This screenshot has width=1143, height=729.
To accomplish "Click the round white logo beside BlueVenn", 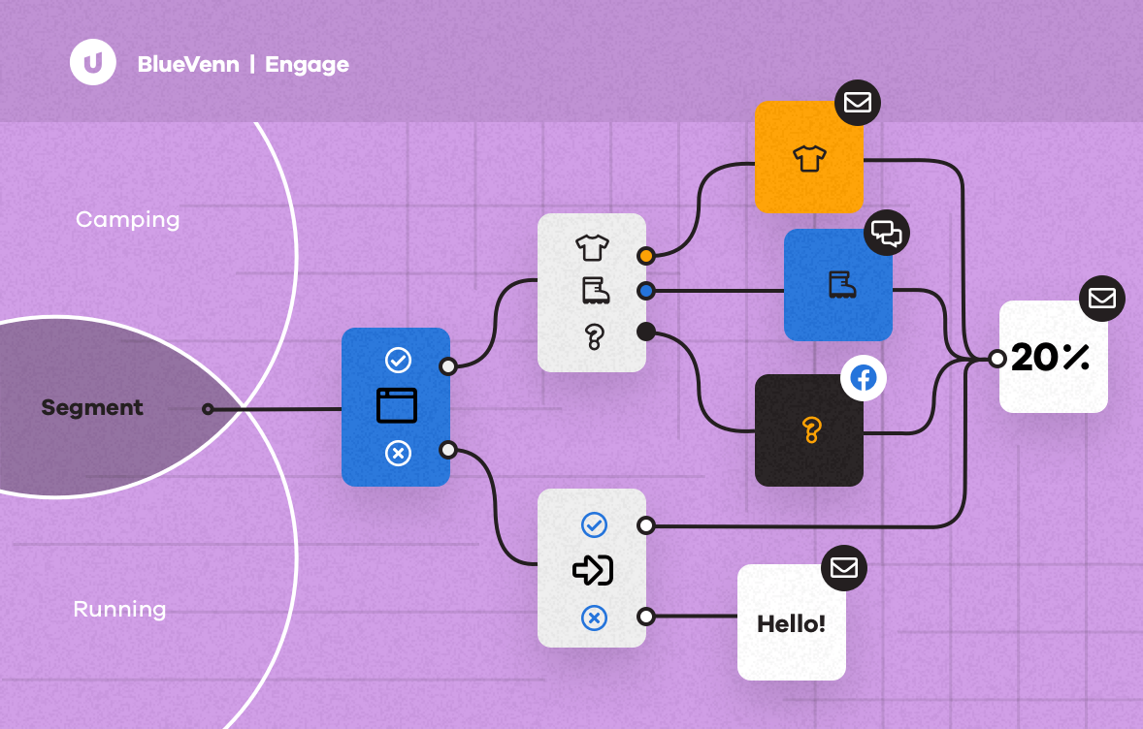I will pyautogui.click(x=93, y=63).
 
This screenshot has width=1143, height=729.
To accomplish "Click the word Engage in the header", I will pyautogui.click(x=307, y=65).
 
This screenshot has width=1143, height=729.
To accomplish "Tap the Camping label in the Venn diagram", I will pyautogui.click(x=127, y=219).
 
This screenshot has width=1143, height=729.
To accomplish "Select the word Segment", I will pyautogui.click(x=92, y=408).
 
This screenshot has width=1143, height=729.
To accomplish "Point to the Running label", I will pyautogui.click(x=119, y=610).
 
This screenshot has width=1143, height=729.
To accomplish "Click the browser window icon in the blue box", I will pyautogui.click(x=396, y=405).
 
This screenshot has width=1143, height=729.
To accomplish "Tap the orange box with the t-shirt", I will pyautogui.click(x=808, y=157).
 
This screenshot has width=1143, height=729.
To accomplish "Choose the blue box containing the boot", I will pyautogui.click(x=838, y=285).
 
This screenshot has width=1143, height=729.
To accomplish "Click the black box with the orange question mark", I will pyautogui.click(x=809, y=430).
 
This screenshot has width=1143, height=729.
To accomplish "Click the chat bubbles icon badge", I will pyautogui.click(x=886, y=233).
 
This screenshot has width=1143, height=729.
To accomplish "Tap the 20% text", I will pyautogui.click(x=1050, y=359).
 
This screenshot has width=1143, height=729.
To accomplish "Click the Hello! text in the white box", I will pyautogui.click(x=791, y=623).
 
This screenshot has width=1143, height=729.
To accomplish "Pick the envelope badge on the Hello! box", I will pyautogui.click(x=843, y=568).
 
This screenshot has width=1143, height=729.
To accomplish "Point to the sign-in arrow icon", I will pyautogui.click(x=593, y=570).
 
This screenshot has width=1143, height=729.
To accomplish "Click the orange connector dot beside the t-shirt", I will pyautogui.click(x=645, y=256).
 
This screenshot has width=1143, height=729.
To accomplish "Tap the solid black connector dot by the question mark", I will pyautogui.click(x=645, y=332).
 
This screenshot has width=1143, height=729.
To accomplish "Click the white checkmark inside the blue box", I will pyautogui.click(x=398, y=361).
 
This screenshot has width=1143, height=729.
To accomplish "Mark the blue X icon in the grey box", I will pyautogui.click(x=593, y=617).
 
